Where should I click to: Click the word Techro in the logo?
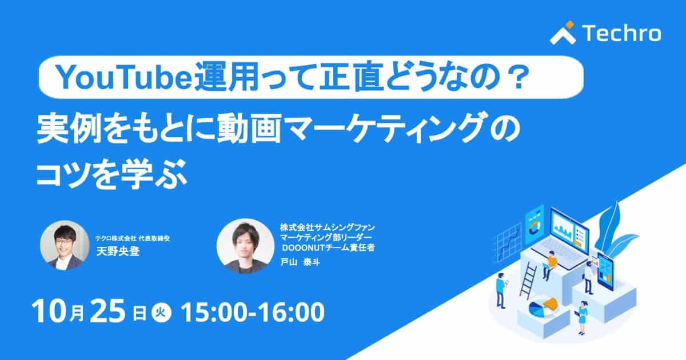point(622,33)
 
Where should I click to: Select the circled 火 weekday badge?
point(161,313)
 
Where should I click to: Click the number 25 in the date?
point(107,311)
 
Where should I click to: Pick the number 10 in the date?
point(50,311)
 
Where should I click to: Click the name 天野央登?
point(118,251)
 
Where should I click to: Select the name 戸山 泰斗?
point(300,262)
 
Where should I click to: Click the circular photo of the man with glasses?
point(65,245)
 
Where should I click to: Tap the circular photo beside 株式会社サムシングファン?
point(245,246)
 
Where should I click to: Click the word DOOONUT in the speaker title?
point(303,247)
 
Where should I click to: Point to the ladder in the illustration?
point(528,281)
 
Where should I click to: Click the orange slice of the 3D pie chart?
point(550,303)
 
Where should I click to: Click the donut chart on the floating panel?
point(535,227)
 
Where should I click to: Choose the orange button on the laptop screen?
point(577,243)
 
